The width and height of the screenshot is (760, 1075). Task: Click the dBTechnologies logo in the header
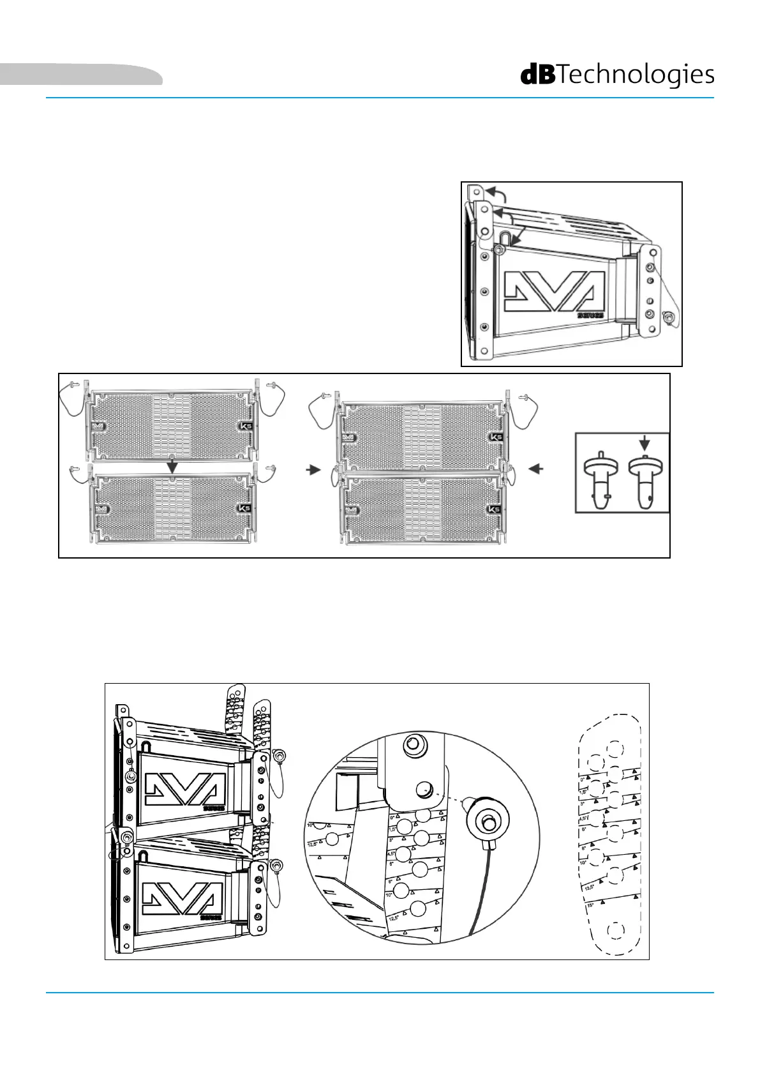click(617, 75)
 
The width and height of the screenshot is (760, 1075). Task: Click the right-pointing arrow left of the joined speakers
click(312, 469)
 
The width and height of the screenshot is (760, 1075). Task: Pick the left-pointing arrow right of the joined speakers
click(537, 469)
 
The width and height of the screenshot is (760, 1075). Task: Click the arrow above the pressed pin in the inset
click(645, 442)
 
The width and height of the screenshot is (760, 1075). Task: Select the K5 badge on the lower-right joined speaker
click(494, 509)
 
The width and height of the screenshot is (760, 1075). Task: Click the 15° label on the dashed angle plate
click(589, 905)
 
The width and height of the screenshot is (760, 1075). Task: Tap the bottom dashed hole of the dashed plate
click(616, 931)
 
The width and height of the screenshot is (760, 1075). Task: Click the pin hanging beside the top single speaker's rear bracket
click(669, 317)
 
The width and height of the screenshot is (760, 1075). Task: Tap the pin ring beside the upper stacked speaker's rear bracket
click(278, 756)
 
